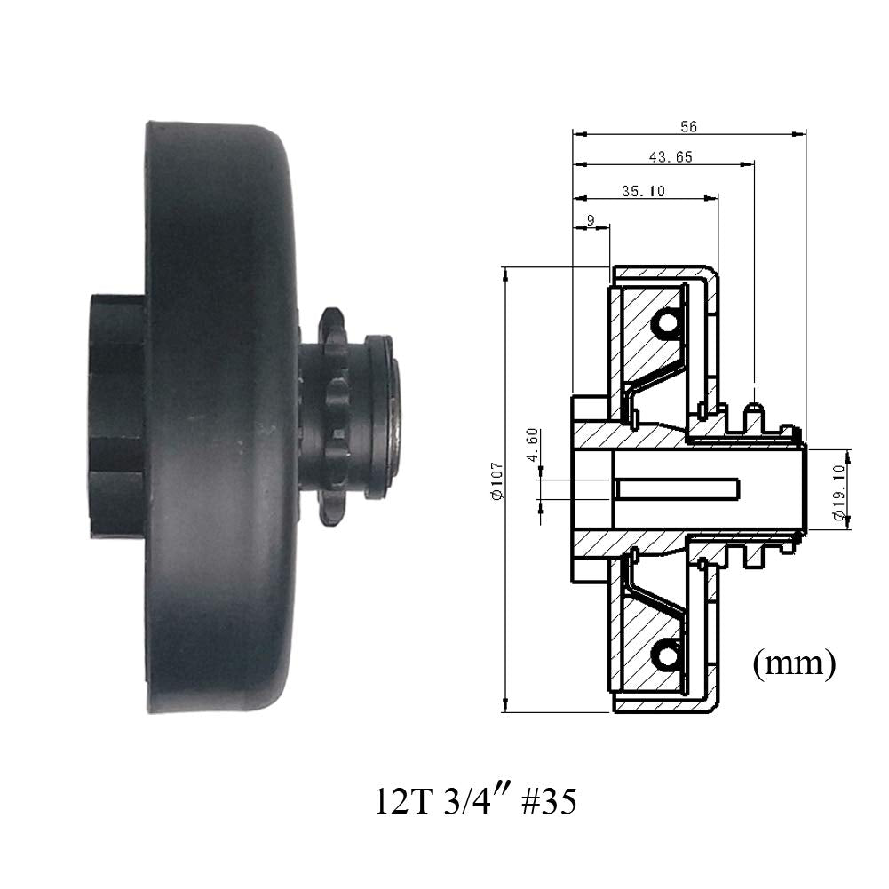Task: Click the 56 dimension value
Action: pos(688,126)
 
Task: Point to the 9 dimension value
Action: pos(591,219)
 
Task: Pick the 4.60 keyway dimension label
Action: pos(532,444)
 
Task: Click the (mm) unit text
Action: pos(793,663)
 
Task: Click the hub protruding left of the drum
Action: pos(115,417)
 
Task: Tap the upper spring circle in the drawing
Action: pos(665,326)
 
